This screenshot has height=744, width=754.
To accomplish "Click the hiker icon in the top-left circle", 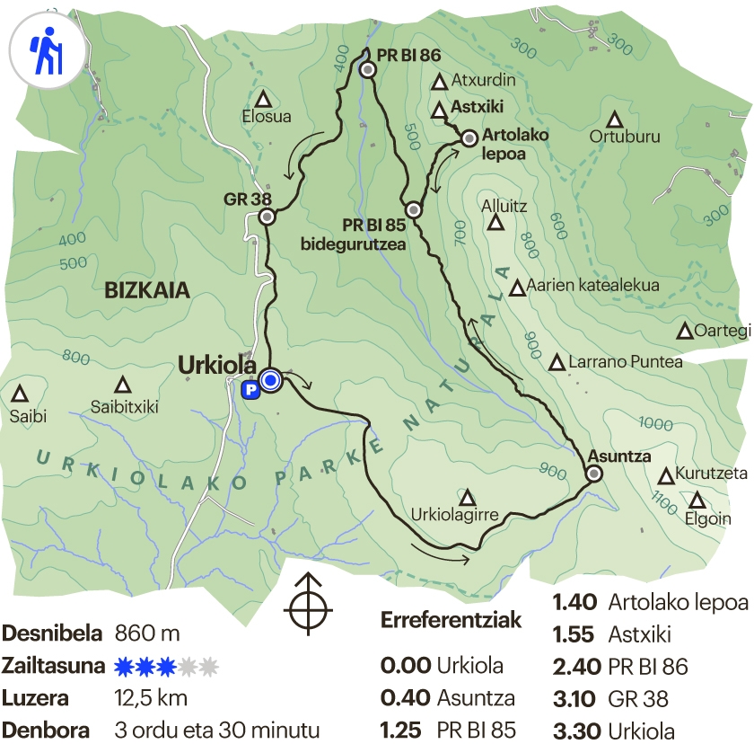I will point(46,52).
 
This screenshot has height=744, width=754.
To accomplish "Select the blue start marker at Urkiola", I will point(270,381).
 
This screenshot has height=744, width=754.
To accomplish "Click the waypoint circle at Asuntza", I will point(594,474).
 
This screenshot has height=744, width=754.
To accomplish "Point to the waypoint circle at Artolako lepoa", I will point(469,138).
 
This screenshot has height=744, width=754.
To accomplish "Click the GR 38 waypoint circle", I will point(267,217).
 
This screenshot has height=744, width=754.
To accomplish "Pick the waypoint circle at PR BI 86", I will point(366,70).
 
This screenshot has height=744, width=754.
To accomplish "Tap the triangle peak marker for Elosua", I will point(263,99).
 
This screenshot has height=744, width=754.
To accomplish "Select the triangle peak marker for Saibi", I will point(19,394).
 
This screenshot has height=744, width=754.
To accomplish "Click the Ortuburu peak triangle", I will point(615,120).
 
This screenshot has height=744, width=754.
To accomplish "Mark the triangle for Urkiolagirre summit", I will point(467,497).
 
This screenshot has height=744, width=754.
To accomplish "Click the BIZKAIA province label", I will point(147,290).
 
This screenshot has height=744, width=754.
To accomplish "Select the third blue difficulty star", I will point(164,667).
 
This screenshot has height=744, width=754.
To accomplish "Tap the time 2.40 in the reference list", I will point(574,667).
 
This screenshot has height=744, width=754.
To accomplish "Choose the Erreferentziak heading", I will point(451,622).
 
